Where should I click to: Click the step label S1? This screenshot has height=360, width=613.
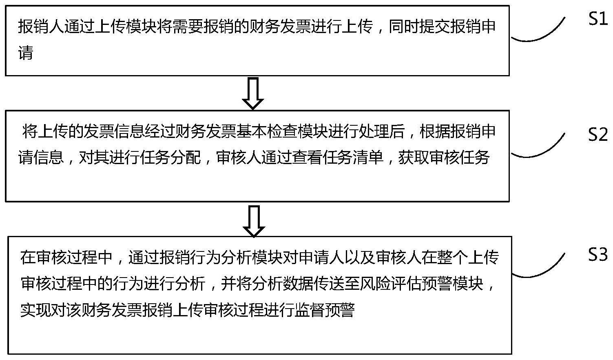tap(598, 19)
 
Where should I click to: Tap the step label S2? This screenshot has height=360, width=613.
tap(598, 134)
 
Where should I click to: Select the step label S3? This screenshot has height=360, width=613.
tap(598, 255)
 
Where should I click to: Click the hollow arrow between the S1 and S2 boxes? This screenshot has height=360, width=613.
tap(253, 93)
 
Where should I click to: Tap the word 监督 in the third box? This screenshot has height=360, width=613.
tap(309, 310)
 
